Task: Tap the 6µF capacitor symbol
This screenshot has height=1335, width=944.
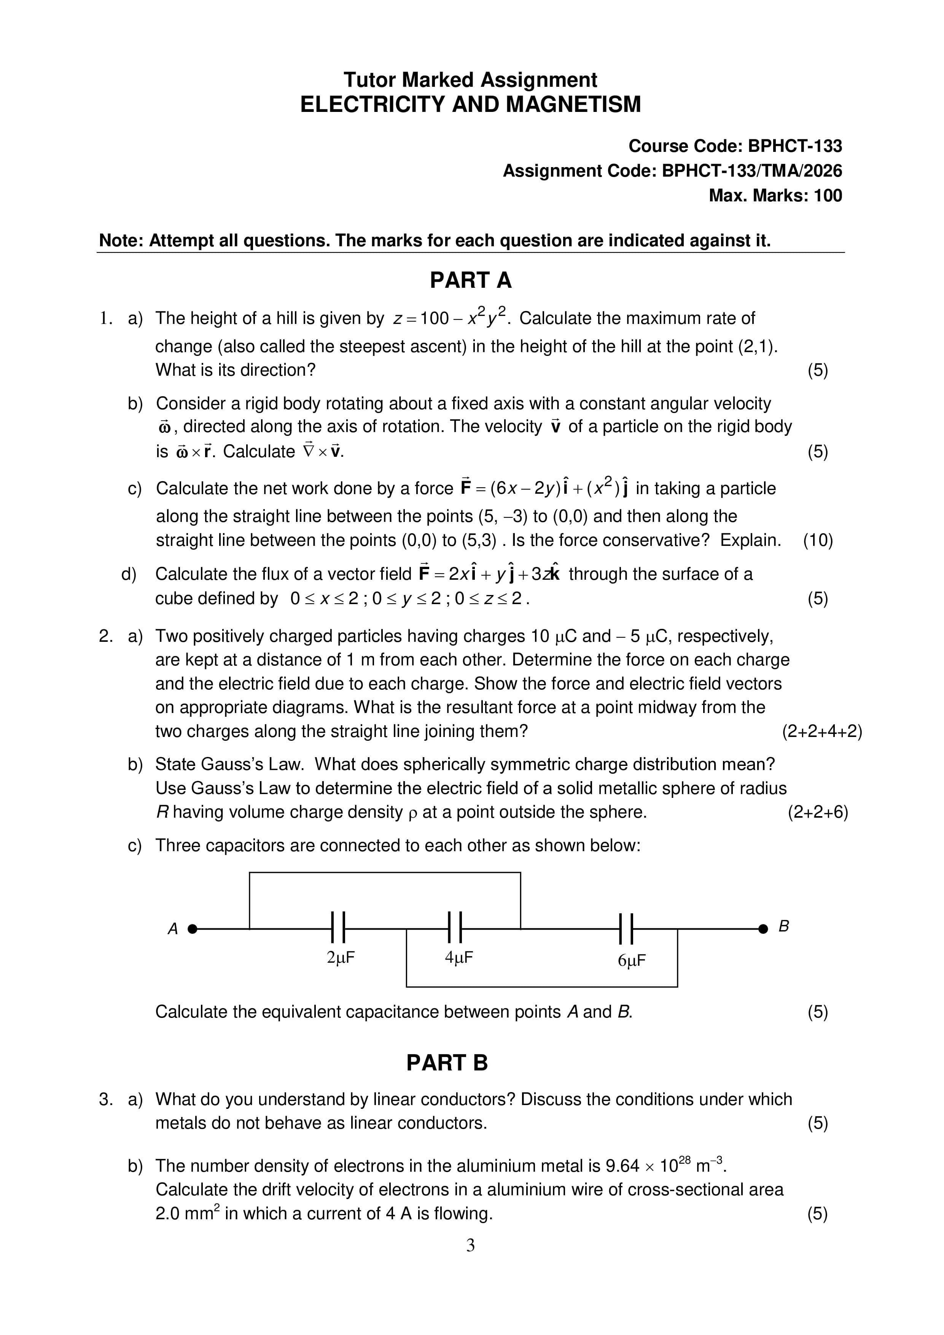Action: coord(626,928)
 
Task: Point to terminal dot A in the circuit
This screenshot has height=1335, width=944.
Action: coord(193,928)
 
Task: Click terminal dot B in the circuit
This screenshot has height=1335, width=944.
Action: coord(763,928)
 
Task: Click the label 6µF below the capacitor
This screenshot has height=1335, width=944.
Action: coord(632,960)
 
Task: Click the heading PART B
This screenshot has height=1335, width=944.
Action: coord(446,1063)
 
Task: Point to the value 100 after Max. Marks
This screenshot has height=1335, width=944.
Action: coord(827,195)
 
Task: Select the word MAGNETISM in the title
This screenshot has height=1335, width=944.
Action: coord(573,105)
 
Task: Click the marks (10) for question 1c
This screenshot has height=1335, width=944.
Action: coord(818,540)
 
